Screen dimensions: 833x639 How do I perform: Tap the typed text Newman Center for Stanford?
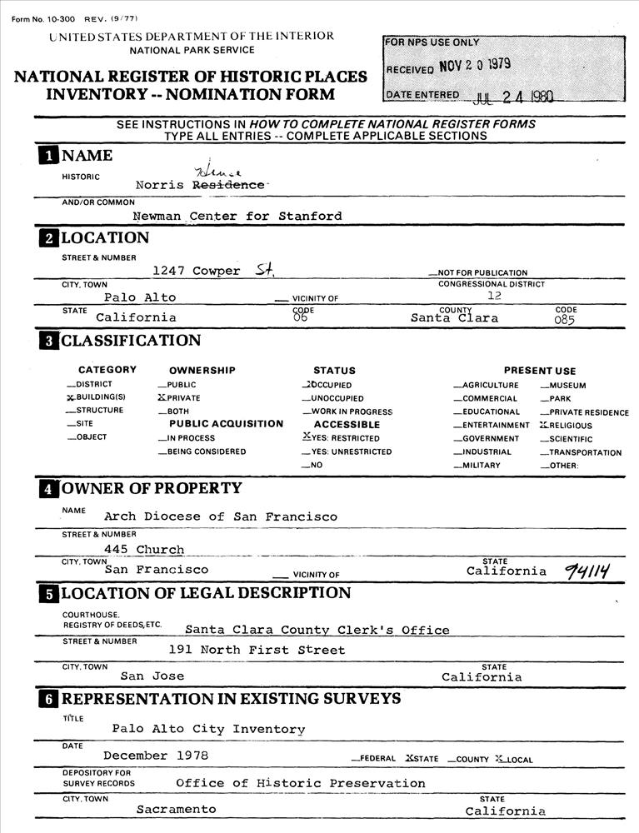[x=237, y=217]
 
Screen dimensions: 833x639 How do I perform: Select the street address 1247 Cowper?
[x=197, y=271]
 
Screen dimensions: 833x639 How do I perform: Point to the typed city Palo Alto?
[x=140, y=297]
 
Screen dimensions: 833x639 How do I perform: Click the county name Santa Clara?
[x=455, y=318]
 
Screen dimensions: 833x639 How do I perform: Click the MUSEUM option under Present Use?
[x=567, y=386]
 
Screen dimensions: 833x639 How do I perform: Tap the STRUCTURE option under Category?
[x=99, y=411]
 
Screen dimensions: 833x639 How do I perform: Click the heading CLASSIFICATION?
[x=131, y=341]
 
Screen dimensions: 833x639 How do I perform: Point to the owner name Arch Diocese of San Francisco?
[x=221, y=516]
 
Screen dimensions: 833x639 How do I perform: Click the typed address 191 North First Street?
[x=257, y=650]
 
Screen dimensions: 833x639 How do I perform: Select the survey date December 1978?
[x=156, y=756]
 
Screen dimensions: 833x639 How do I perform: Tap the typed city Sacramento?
[x=176, y=810]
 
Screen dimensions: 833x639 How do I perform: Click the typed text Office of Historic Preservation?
[x=300, y=783]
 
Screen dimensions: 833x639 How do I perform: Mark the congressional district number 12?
[x=493, y=296]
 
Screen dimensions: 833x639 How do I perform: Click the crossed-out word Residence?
[x=228, y=185]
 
